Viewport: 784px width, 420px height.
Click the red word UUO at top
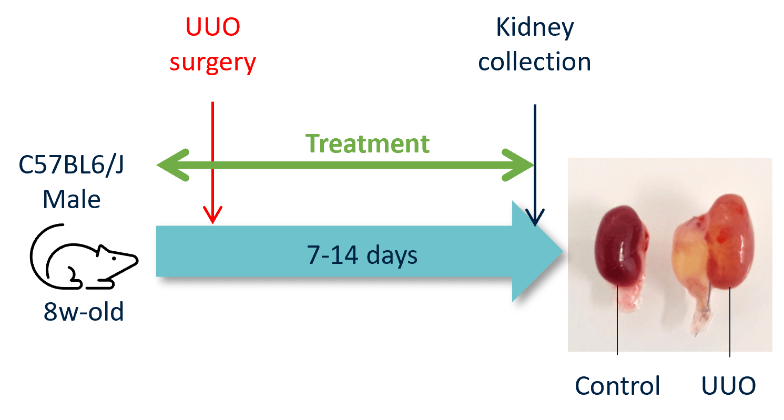(213, 27)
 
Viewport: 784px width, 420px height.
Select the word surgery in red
(213, 62)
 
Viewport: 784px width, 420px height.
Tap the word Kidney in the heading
(535, 27)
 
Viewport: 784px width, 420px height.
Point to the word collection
(535, 62)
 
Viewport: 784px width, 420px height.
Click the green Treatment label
(368, 144)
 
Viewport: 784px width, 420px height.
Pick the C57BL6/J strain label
(72, 166)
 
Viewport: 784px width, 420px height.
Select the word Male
(72, 200)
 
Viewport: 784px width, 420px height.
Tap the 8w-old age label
(84, 313)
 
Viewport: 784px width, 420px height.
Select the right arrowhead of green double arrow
(518, 165)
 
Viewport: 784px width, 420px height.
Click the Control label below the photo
(617, 386)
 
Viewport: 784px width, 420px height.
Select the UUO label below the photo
(729, 386)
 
